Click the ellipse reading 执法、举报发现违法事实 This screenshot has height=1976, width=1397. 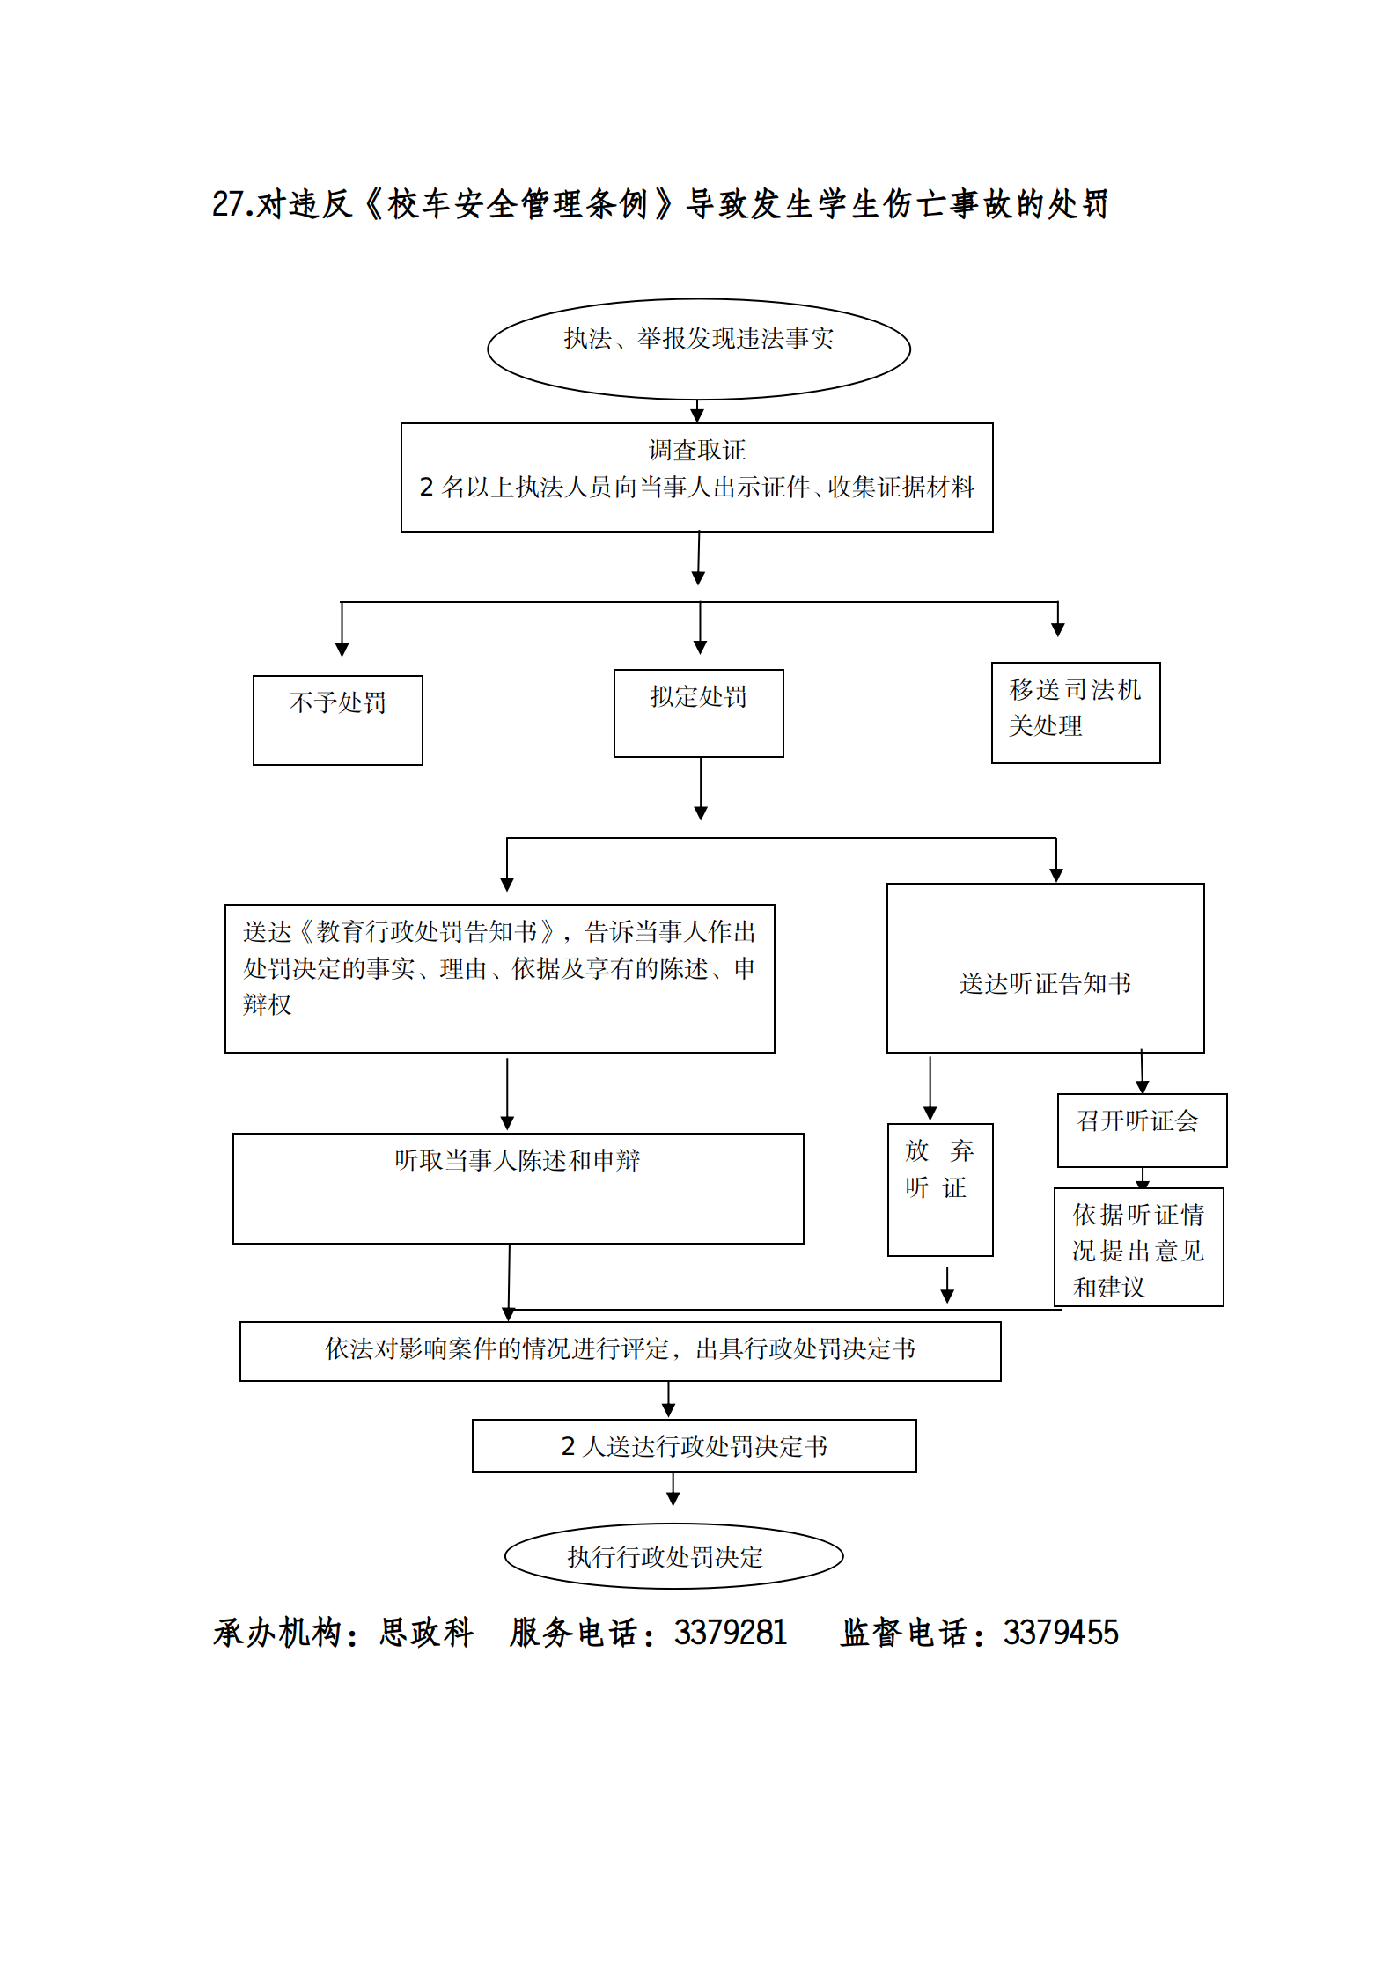pyautogui.click(x=698, y=349)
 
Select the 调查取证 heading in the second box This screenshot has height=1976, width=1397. pyautogui.click(x=696, y=451)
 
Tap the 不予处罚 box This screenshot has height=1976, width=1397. pyautogui.click(x=337, y=719)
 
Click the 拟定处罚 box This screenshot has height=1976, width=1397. pyautogui.click(x=698, y=712)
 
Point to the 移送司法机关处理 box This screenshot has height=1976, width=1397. pyautogui.click(x=1075, y=712)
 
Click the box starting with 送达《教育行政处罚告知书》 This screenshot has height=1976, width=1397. pyautogui.click(x=499, y=978)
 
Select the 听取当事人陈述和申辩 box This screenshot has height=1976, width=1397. pyautogui.click(x=518, y=1187)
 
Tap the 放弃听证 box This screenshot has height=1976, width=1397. pyautogui.click(x=939, y=1188)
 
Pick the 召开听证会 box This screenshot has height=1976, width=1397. pyautogui.click(x=1141, y=1129)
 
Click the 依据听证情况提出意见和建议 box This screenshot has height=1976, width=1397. pyautogui.click(x=1138, y=1247)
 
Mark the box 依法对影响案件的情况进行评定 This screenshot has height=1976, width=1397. pyautogui.click(x=620, y=1350)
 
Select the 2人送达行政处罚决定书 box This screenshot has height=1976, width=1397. pyautogui.click(x=694, y=1445)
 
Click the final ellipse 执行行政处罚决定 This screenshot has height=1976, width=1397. pyautogui.click(x=673, y=1556)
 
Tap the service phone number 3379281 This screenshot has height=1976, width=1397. pyautogui.click(x=730, y=1633)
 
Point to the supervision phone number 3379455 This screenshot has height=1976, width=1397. pyautogui.click(x=1060, y=1633)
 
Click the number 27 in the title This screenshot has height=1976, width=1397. pyautogui.click(x=227, y=204)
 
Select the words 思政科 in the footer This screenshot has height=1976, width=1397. pyautogui.click(x=426, y=1633)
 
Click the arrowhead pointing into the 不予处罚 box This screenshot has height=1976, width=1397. pyautogui.click(x=342, y=650)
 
